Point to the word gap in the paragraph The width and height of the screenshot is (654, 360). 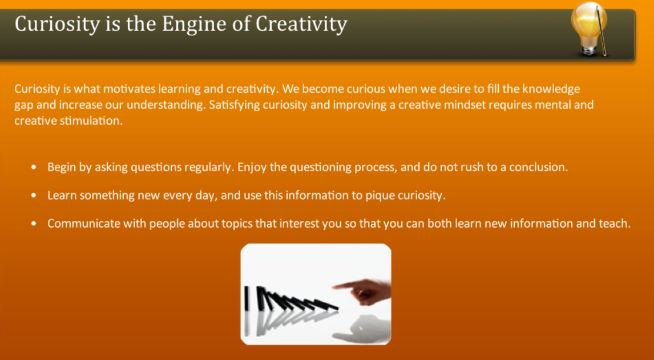pyautogui.click(x=23, y=106)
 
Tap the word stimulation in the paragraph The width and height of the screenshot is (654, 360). pyautogui.click(x=91, y=121)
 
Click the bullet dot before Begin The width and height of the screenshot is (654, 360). pyautogui.click(x=35, y=168)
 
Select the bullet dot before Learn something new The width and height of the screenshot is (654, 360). pyautogui.click(x=35, y=196)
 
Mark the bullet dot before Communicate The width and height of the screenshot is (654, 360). pyautogui.click(x=35, y=224)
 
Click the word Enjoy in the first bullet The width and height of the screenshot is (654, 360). pyautogui.click(x=250, y=168)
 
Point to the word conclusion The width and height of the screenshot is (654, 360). pyautogui.click(x=539, y=168)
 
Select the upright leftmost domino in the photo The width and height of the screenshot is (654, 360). pyautogui.click(x=247, y=297)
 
